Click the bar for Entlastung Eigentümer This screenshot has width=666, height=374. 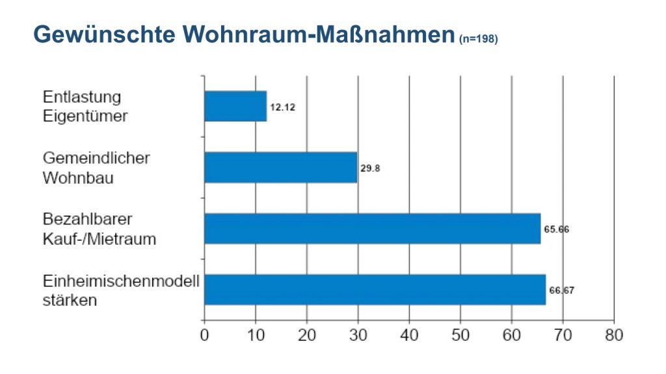[235, 106]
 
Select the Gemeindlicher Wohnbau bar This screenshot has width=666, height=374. [281, 168]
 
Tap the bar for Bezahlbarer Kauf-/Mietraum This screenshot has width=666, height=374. [372, 229]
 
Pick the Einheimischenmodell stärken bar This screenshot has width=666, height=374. [375, 290]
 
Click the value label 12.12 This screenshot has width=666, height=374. [283, 107]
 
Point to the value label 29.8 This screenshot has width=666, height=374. [370, 168]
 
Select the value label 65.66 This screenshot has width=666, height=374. [556, 230]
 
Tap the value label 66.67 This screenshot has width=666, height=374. [561, 290]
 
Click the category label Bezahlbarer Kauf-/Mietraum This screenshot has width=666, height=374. [99, 229]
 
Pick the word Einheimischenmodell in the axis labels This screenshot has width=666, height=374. [121, 282]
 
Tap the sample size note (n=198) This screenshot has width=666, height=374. [478, 40]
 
